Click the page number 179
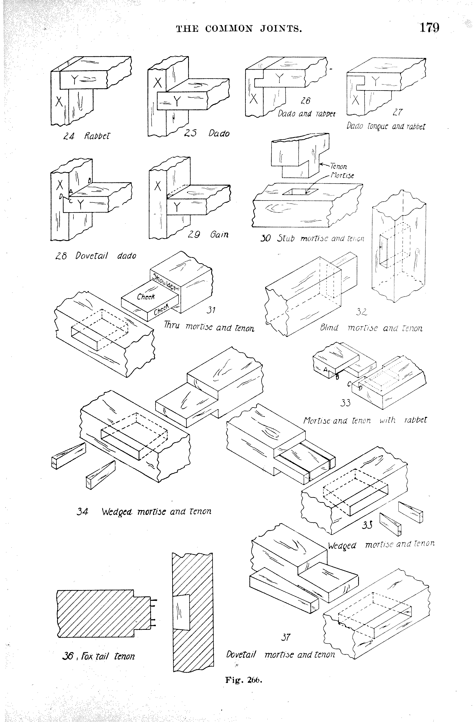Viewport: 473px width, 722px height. click(x=429, y=28)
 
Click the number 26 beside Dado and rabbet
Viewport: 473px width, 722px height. click(x=305, y=100)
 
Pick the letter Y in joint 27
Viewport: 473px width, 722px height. click(x=375, y=81)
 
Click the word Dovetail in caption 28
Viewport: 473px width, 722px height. click(x=92, y=256)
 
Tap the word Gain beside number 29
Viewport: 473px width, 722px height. click(x=219, y=235)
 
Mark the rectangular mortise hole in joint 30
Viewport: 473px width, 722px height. click(x=300, y=192)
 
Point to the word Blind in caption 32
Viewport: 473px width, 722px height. click(x=329, y=328)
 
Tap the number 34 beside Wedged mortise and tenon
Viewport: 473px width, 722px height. click(x=82, y=512)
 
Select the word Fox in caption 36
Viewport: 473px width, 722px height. click(x=87, y=656)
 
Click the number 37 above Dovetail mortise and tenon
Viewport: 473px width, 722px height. click(x=285, y=637)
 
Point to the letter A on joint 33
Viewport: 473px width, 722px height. click(x=326, y=369)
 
